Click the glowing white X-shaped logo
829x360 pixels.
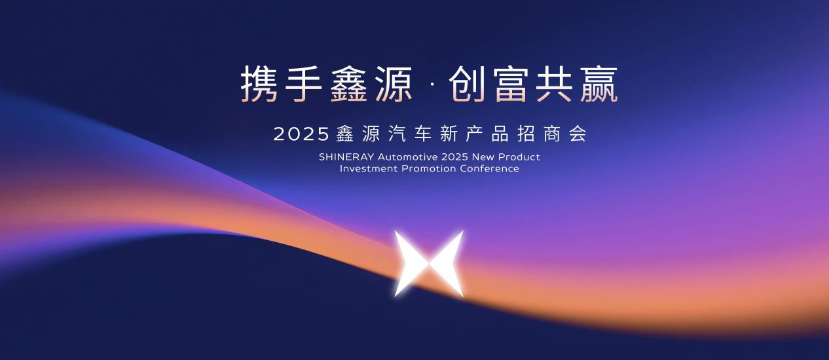tap(429, 263)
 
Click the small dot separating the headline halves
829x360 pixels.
tap(432, 84)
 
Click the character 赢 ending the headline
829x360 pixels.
tap(598, 84)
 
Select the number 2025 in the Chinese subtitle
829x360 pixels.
tap(301, 134)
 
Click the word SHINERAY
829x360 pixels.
tap(346, 157)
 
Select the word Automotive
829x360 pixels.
tap(407, 157)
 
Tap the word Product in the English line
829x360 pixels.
tap(519, 157)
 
